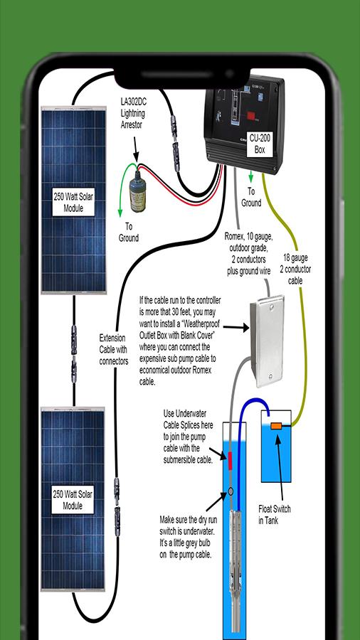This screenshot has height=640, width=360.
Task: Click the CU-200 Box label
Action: click(260, 144)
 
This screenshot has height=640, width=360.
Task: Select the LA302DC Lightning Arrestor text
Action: click(132, 113)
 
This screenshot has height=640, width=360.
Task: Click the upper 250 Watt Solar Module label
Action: click(73, 202)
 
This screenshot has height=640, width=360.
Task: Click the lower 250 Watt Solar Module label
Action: click(73, 500)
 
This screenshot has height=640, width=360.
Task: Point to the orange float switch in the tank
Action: click(277, 426)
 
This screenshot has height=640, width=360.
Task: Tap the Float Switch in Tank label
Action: click(275, 515)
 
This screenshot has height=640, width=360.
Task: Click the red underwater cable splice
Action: click(229, 462)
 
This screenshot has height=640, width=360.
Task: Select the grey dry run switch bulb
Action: click(231, 491)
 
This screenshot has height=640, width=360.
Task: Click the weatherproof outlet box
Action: click(267, 341)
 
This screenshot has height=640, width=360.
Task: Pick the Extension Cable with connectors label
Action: click(113, 349)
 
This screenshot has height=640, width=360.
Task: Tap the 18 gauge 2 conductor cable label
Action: click(296, 270)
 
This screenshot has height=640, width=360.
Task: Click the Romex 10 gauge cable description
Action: click(248, 253)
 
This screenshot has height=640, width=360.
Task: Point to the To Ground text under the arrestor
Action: click(129, 232)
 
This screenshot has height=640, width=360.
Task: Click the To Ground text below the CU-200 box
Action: click(251, 197)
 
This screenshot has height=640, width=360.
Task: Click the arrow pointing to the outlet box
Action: click(236, 327)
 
